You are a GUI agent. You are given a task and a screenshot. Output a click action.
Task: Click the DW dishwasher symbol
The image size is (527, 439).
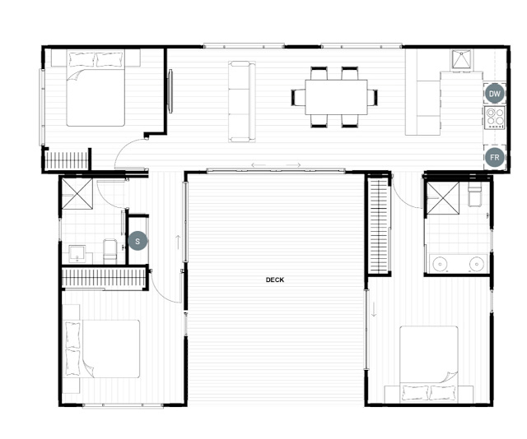(494, 94)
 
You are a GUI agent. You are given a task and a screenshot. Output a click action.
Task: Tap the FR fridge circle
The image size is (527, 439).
(494, 157)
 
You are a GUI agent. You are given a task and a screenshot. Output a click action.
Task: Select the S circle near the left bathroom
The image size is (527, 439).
(138, 241)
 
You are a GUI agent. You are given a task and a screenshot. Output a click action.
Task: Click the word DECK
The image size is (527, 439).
(275, 280)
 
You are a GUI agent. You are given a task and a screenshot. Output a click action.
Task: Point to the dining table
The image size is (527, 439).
(336, 97)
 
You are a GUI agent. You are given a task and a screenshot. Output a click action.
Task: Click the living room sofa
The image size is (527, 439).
(241, 101)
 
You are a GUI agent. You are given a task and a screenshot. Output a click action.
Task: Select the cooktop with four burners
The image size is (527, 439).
(495, 118)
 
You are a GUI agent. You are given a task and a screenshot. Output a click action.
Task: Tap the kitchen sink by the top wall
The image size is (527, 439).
(461, 59)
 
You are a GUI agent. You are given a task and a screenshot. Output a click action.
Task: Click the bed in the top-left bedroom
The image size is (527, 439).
(96, 88)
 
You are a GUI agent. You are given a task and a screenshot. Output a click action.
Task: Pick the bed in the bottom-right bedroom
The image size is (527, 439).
(429, 363)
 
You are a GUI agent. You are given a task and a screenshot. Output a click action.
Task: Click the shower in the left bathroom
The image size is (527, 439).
(77, 194)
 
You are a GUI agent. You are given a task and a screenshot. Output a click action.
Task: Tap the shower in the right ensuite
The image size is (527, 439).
(443, 198)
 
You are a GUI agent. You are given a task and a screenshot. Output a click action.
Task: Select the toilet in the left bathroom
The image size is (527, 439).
(110, 252)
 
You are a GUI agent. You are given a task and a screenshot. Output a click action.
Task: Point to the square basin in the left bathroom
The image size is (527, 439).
(77, 254)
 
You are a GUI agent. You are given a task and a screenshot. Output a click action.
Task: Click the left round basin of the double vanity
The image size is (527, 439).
(439, 264)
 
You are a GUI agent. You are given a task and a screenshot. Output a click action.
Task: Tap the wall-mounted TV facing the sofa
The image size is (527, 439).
(170, 91)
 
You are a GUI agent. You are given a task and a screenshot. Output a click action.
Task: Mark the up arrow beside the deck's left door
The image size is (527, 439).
(178, 243)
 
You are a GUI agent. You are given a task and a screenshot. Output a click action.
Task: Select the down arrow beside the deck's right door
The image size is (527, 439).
(374, 309)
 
